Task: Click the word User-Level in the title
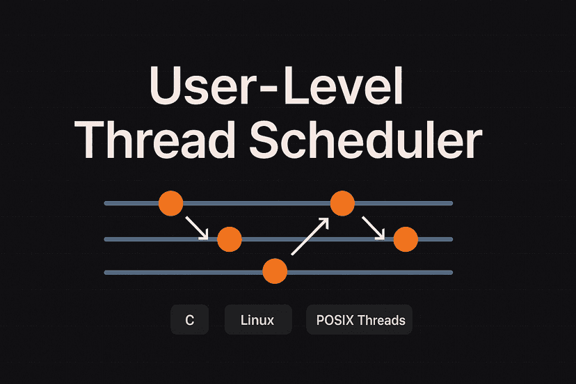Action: [276, 86]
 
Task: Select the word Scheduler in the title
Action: [366, 140]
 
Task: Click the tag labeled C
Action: [189, 320]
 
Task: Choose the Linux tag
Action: [258, 320]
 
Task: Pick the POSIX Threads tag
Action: [359, 320]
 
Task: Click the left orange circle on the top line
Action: [171, 203]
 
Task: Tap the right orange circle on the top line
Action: [342, 203]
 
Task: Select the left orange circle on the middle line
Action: [230, 239]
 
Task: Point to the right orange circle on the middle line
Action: [406, 239]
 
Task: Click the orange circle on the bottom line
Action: [275, 271]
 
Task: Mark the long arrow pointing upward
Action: [310, 236]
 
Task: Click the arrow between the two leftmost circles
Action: [198, 228]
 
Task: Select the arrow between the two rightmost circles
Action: [374, 228]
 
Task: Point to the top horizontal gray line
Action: [278, 203]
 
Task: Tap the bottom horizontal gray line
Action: [278, 272]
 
